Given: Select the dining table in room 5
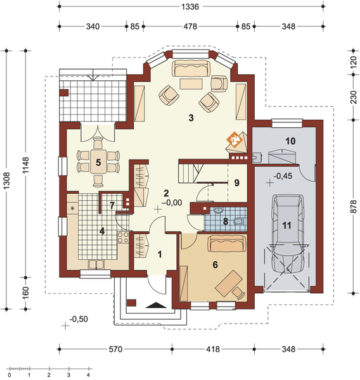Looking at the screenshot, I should pyautogui.click(x=98, y=161).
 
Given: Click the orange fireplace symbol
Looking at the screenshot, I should pyautogui.click(x=234, y=139).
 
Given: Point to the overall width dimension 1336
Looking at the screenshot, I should pyautogui.click(x=190, y=8).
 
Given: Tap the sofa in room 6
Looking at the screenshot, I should pyautogui.click(x=227, y=242).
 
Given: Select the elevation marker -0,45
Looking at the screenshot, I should pyautogui.click(x=281, y=177).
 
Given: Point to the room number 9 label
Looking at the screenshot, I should pyautogui.click(x=235, y=182).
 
